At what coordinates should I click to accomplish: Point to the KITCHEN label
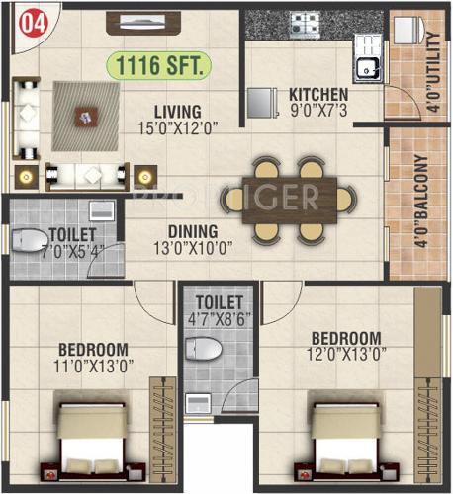[317, 95]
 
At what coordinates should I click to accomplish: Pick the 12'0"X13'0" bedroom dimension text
[345, 353]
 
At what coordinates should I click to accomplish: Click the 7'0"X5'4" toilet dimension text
[70, 250]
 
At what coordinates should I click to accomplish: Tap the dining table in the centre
[287, 199]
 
